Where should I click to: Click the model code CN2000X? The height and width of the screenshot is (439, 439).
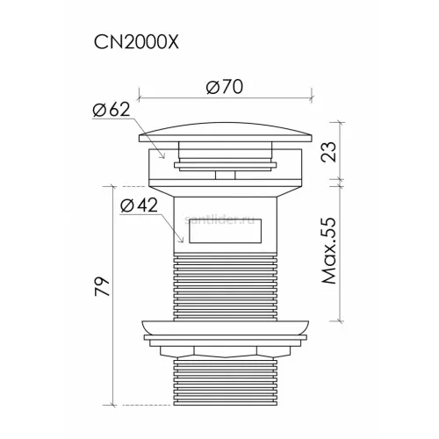tap(136, 43)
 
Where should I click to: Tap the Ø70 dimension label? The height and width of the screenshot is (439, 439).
tap(225, 87)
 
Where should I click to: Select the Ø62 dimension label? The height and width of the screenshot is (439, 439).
tap(112, 110)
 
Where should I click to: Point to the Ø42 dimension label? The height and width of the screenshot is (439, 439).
tap(139, 205)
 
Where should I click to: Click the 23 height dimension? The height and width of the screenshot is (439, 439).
tap(328, 152)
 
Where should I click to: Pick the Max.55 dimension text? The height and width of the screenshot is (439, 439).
tap(329, 250)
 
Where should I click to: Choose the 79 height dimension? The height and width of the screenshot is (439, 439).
tap(102, 286)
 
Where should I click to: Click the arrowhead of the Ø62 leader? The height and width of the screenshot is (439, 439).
tap(162, 156)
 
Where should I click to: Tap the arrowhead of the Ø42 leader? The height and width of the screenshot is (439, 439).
tap(182, 241)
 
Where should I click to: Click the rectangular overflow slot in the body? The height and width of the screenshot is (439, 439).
tap(225, 231)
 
